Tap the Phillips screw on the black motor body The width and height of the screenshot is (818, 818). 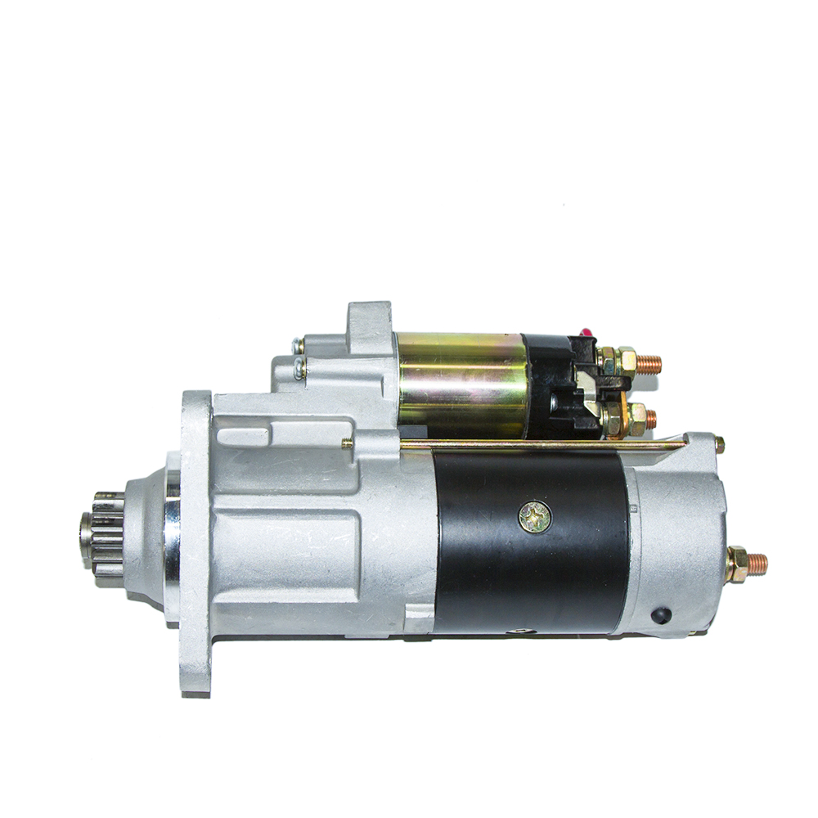click(x=535, y=515)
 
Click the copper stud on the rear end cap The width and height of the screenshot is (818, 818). click(x=758, y=563)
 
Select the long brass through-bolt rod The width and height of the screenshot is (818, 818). click(x=540, y=445)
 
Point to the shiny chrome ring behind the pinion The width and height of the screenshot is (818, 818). click(x=172, y=536)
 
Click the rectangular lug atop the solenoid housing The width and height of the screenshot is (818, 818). click(x=370, y=319)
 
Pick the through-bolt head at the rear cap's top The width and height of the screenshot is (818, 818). click(x=719, y=444)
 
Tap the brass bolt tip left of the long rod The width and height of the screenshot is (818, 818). click(x=347, y=443)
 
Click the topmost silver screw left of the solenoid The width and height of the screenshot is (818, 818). click(x=299, y=346)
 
